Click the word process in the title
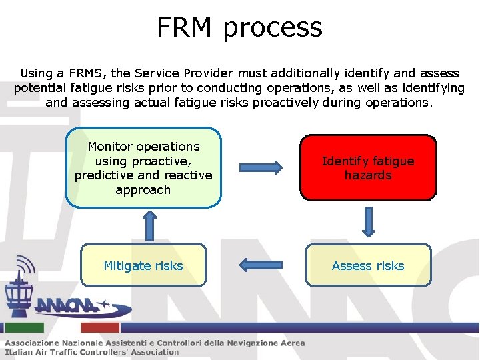[273, 29]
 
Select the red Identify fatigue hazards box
[368, 168]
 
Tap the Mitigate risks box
[143, 265]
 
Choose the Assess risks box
[368, 265]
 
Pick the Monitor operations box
[143, 168]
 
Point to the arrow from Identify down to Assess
[368, 221]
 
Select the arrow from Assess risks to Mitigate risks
[261, 265]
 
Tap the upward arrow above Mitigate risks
[149, 225]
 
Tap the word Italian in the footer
[21, 352]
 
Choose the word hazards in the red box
[368, 175]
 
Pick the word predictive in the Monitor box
[106, 175]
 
